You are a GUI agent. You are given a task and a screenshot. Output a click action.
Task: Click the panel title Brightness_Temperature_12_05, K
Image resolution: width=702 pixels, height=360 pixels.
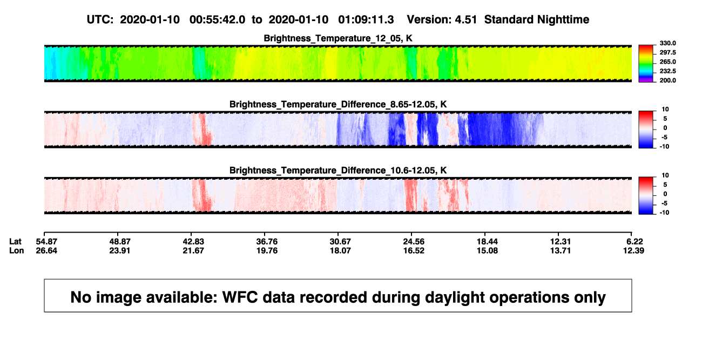click(x=338, y=38)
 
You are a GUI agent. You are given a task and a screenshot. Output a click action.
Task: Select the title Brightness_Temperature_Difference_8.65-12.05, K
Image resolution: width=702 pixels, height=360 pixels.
click(x=338, y=104)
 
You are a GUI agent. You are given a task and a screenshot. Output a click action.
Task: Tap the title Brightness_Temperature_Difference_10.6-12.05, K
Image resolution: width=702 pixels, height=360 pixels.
click(x=338, y=171)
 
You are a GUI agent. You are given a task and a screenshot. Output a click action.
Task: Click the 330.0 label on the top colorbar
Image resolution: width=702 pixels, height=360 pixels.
click(x=667, y=43)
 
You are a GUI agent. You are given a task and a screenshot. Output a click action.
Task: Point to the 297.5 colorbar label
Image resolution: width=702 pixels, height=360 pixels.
click(x=667, y=52)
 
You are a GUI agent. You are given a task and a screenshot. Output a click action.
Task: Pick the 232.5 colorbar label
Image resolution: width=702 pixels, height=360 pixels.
click(x=667, y=71)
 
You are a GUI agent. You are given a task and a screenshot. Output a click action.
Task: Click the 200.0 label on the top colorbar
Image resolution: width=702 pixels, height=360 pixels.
click(x=667, y=80)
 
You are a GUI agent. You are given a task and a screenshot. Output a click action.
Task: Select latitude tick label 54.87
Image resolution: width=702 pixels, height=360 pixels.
click(x=46, y=242)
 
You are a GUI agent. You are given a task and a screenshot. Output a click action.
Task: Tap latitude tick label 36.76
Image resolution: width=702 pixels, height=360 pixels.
click(x=267, y=242)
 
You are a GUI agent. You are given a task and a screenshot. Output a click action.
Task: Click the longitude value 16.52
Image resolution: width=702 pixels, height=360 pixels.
click(x=414, y=250)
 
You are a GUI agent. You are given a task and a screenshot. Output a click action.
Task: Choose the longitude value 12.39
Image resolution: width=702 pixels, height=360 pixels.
click(x=633, y=250)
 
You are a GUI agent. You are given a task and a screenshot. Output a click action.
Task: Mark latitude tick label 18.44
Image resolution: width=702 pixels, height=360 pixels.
click(x=487, y=242)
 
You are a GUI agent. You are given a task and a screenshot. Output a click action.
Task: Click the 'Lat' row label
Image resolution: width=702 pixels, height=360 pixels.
click(x=15, y=242)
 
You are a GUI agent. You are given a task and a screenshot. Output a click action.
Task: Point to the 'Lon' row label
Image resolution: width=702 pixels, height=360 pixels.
click(x=16, y=250)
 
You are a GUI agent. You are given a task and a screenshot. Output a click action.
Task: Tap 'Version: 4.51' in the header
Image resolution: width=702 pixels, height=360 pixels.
click(x=442, y=19)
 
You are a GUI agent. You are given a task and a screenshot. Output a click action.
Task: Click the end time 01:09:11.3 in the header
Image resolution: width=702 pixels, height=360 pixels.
click(x=366, y=19)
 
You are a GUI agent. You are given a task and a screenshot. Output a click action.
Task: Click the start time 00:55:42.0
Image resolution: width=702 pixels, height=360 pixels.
click(x=217, y=19)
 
